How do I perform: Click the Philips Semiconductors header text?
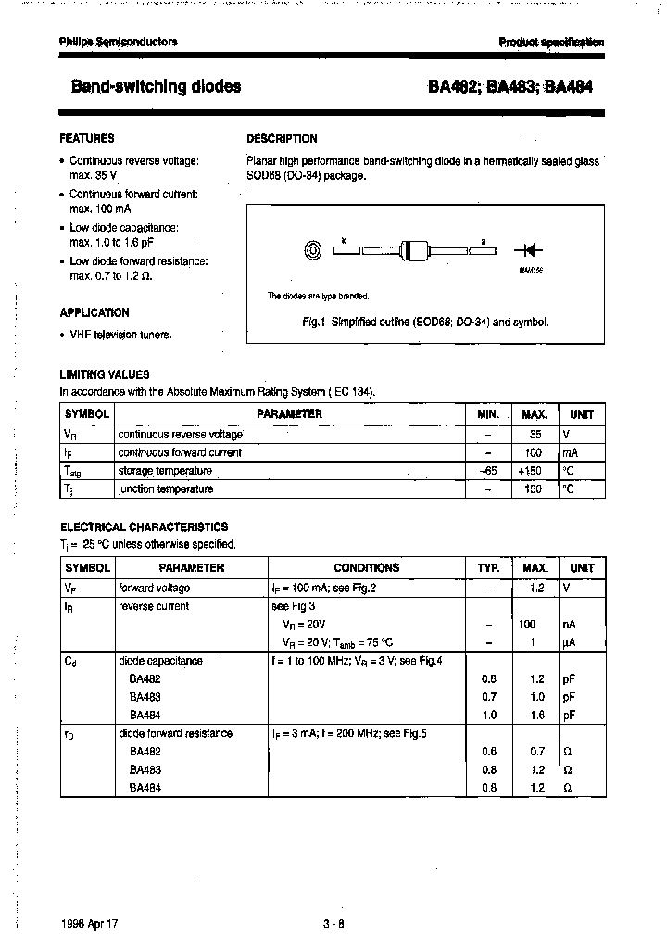tap(118, 42)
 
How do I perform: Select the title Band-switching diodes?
tap(156, 86)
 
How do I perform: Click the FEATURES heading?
tap(87, 138)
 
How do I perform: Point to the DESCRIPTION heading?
tap(282, 138)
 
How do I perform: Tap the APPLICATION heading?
tap(94, 312)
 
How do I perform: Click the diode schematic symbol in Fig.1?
tap(531, 249)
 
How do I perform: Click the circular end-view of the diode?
tap(313, 249)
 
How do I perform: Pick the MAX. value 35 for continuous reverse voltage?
tap(534, 434)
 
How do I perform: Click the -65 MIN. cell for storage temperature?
tap(488, 471)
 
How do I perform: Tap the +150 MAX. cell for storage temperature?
tap(534, 471)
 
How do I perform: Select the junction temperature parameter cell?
tap(166, 488)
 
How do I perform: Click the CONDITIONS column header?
tap(366, 567)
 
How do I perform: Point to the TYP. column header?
tap(488, 567)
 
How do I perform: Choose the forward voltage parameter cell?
tap(154, 588)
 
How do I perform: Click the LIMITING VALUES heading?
tap(105, 374)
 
